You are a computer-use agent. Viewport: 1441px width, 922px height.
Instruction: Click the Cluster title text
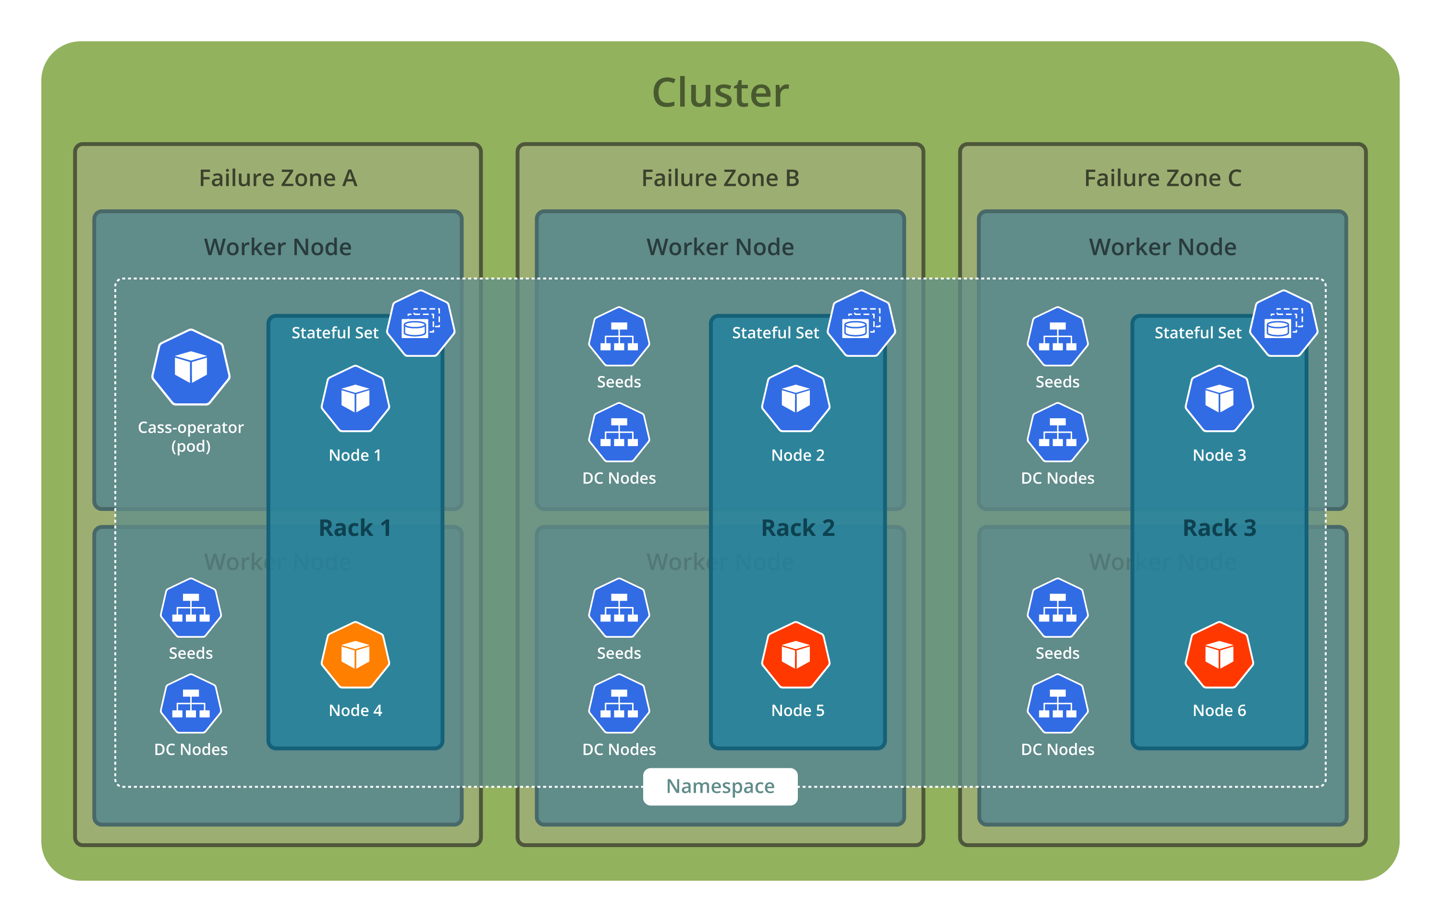click(720, 93)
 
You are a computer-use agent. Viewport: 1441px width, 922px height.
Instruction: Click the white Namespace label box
click(720, 786)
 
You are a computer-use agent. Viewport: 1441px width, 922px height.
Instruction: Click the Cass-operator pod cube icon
click(191, 367)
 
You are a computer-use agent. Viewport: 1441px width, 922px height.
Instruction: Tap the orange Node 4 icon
click(355, 655)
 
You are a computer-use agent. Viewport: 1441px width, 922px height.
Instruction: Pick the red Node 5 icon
click(795, 655)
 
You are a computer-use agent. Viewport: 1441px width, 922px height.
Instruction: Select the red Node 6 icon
click(1220, 655)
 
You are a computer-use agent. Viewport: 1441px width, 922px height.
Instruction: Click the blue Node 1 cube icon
click(355, 399)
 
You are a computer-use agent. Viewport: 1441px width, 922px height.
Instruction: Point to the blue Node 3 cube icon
click(1220, 399)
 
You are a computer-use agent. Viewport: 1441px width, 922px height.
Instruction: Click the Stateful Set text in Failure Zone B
click(775, 333)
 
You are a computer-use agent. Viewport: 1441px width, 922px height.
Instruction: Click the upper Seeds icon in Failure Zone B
click(619, 337)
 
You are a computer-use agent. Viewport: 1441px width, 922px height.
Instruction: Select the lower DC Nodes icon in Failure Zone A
click(191, 704)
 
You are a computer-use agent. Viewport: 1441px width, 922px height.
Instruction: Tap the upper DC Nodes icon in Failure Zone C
click(1058, 433)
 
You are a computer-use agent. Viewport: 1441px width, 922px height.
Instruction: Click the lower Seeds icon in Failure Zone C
click(1058, 608)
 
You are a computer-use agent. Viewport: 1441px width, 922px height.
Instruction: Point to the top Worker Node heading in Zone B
click(720, 247)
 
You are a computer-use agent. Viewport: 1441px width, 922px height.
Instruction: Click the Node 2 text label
click(797, 455)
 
